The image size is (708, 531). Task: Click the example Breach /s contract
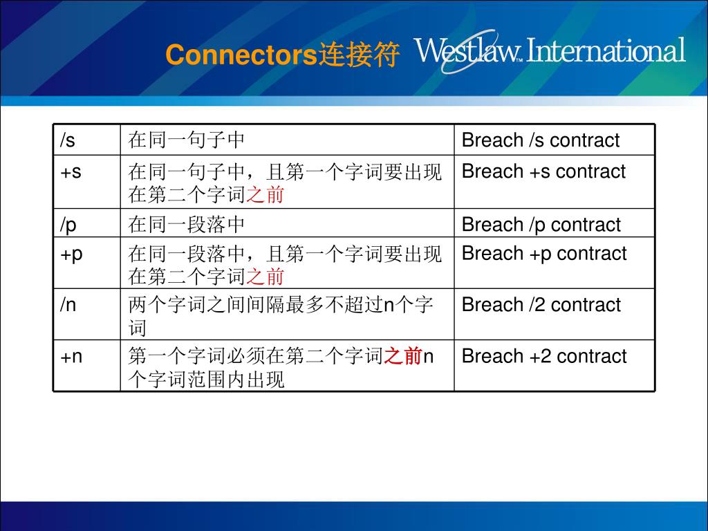pyautogui.click(x=540, y=140)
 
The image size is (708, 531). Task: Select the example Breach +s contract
pyautogui.click(x=543, y=171)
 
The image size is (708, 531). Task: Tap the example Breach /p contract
pyautogui.click(x=541, y=225)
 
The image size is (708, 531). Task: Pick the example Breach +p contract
pyautogui.click(x=544, y=254)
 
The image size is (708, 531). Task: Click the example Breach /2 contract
pyautogui.click(x=541, y=305)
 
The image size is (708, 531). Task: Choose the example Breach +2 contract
pyautogui.click(x=544, y=356)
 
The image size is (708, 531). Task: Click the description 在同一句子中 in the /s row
pyautogui.click(x=187, y=140)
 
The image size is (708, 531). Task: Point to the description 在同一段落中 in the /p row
pyautogui.click(x=187, y=225)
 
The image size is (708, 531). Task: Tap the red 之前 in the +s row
pyautogui.click(x=265, y=196)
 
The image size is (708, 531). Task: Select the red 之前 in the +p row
pyautogui.click(x=265, y=277)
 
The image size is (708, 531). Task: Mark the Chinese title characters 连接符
pyautogui.click(x=358, y=55)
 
